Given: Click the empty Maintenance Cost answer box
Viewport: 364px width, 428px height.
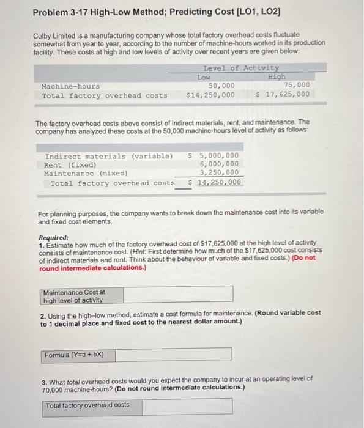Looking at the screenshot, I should point(177,294).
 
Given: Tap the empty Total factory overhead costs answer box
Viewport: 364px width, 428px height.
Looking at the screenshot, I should point(181,405).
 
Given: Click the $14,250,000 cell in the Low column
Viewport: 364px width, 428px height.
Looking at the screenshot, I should point(210,95).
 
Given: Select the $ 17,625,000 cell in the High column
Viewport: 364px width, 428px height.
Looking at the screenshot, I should point(282,95).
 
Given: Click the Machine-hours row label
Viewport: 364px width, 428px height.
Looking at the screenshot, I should point(70,86).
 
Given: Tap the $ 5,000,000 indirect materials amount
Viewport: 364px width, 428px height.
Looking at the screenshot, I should point(214,156).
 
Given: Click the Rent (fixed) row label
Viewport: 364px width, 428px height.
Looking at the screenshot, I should point(70,165).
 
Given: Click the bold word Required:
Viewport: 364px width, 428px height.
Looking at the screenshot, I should point(53,237).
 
